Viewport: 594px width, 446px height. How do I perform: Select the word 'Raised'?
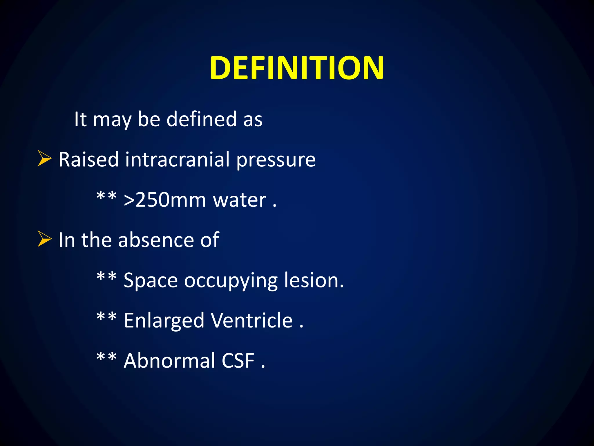(x=88, y=159)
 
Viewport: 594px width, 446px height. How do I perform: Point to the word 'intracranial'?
(x=177, y=159)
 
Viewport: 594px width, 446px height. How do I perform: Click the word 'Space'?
(x=151, y=281)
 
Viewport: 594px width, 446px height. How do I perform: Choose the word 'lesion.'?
(x=314, y=280)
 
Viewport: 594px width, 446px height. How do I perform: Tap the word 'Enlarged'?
(x=164, y=321)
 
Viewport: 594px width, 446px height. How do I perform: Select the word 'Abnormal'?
(x=169, y=360)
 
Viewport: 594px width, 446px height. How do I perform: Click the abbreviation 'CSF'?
(x=238, y=361)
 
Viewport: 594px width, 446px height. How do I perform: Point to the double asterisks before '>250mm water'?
(x=106, y=196)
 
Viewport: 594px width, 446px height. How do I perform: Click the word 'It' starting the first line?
(x=80, y=119)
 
